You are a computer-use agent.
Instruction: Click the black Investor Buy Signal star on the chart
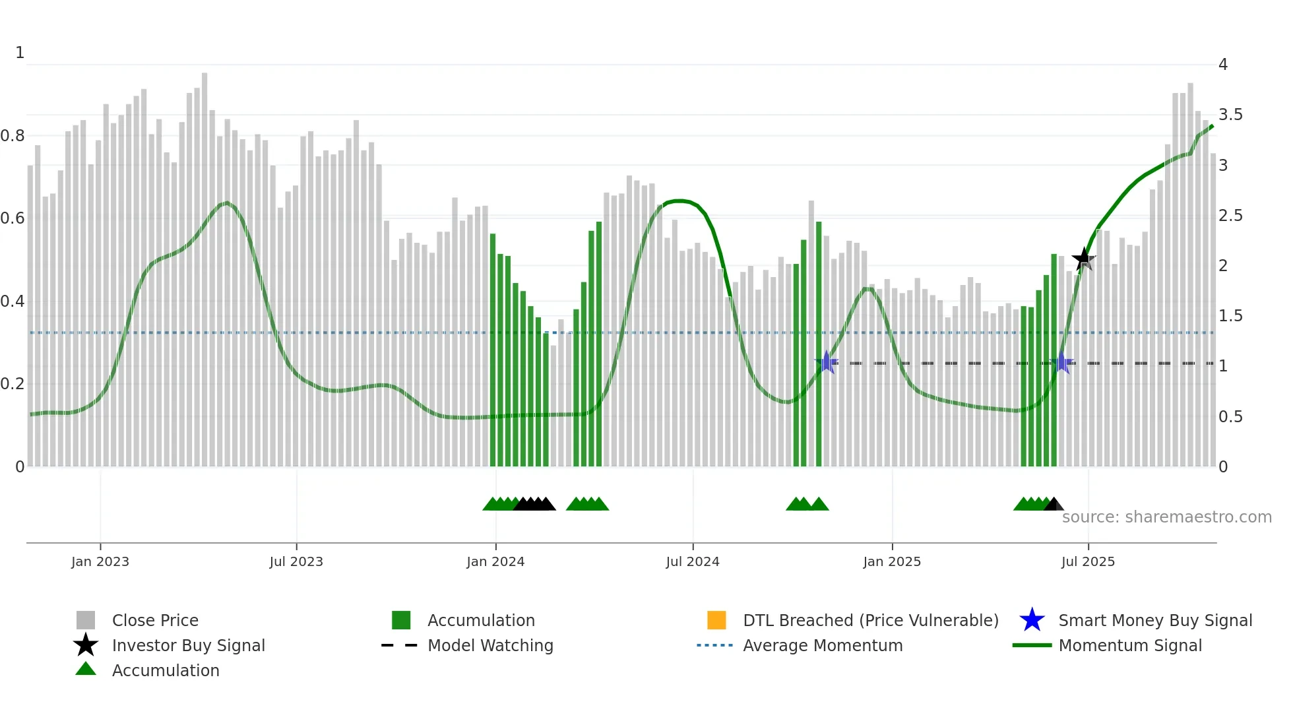[1083, 259]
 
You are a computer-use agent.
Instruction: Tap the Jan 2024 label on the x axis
[495, 561]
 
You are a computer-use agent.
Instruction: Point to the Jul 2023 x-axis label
[296, 561]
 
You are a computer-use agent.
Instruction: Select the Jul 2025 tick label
[1088, 561]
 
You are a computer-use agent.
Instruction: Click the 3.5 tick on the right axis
[1230, 115]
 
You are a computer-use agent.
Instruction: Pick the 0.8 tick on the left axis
[13, 136]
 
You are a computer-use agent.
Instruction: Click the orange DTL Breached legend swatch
[716, 620]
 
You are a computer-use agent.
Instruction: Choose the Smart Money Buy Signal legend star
[1032, 620]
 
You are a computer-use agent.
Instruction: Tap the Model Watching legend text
[490, 645]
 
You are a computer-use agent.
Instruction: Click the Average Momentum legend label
[823, 645]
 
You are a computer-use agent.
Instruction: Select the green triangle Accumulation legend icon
[86, 670]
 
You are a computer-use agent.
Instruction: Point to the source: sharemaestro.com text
[1166, 517]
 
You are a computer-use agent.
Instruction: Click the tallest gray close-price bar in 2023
[205, 264]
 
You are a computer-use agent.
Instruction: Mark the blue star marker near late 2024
[827, 362]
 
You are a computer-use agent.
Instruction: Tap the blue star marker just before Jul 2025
[1061, 362]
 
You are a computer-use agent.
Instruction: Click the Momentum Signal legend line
[1032, 645]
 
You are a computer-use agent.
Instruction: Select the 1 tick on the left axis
[20, 53]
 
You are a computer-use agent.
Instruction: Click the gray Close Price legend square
[86, 620]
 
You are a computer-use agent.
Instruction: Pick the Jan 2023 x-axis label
[100, 561]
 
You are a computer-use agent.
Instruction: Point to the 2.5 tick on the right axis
[1230, 216]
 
